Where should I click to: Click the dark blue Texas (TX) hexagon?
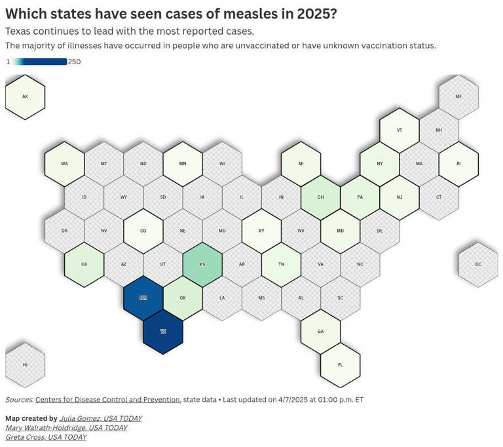click(x=163, y=332)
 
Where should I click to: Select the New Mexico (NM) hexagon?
click(x=143, y=298)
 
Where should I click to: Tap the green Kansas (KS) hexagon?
click(x=202, y=264)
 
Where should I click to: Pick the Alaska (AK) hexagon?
click(x=25, y=97)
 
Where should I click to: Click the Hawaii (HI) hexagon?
click(x=25, y=365)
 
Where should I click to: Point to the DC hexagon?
click(x=478, y=264)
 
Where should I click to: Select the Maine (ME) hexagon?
click(x=458, y=97)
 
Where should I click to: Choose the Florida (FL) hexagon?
click(x=341, y=365)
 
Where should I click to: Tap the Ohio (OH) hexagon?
click(x=321, y=197)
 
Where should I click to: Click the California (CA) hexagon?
click(x=84, y=264)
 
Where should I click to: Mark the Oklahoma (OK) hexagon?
click(x=183, y=298)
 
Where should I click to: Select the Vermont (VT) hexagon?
click(x=400, y=130)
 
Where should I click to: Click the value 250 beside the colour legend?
click(x=74, y=62)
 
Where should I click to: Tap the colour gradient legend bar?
click(x=39, y=62)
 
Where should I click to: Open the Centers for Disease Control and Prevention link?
click(x=107, y=400)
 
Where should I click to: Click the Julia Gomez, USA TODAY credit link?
click(x=100, y=418)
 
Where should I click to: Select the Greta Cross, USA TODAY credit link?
click(x=46, y=437)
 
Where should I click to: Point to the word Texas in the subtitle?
click(x=20, y=31)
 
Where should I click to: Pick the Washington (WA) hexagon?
click(x=64, y=164)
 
